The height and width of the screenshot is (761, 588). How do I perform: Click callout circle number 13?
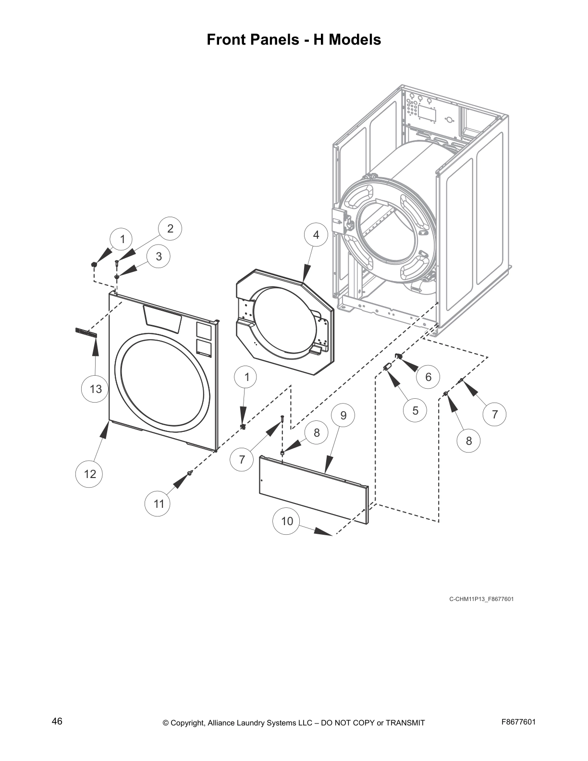96,388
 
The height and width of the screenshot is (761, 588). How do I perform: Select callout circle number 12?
90,474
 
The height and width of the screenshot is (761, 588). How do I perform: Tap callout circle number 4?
316,234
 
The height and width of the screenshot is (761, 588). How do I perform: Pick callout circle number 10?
287,521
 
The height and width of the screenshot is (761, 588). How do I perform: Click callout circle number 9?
343,415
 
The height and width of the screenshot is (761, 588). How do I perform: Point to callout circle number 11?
159,503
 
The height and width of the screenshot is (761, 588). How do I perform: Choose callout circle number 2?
170,229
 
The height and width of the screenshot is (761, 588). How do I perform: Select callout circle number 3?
159,257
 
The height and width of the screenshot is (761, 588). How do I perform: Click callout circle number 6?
428,377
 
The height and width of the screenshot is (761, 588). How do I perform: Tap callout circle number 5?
415,410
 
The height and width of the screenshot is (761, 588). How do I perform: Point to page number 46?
57,721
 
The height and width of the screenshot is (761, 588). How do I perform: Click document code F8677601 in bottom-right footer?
518,722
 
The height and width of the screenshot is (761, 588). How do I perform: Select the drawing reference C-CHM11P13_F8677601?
481,599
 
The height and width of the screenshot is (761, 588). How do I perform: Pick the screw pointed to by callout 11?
191,473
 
